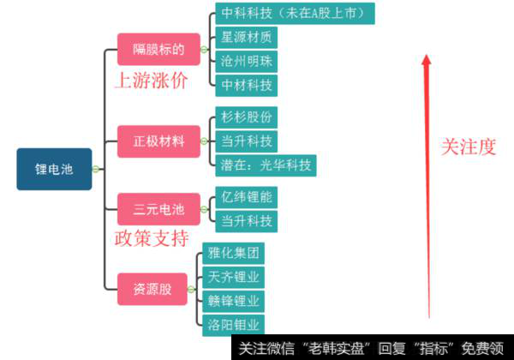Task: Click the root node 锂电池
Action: click(54, 169)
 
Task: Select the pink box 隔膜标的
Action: click(158, 49)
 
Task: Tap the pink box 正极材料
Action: click(158, 141)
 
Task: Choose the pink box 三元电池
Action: click(158, 209)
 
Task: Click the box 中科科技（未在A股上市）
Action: click(294, 14)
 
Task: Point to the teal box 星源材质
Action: click(246, 38)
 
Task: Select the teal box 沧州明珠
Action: click(246, 61)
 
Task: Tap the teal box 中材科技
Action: click(246, 85)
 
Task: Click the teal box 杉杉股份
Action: click(246, 117)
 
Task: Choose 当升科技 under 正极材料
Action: click(246, 141)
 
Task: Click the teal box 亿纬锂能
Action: click(246, 198)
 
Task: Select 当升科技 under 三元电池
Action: click(246, 221)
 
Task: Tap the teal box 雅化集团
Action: click(234, 254)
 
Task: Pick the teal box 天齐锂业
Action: click(234, 277)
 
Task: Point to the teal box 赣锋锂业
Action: click(234, 301)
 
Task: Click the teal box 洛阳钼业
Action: click(234, 324)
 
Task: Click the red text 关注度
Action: click(468, 147)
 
